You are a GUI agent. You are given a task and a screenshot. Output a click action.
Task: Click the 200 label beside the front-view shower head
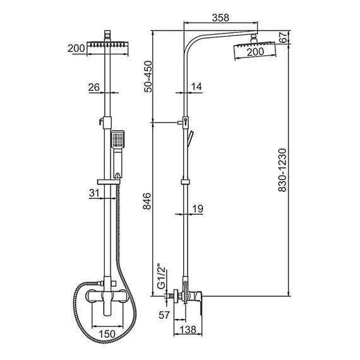click(x=76, y=47)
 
